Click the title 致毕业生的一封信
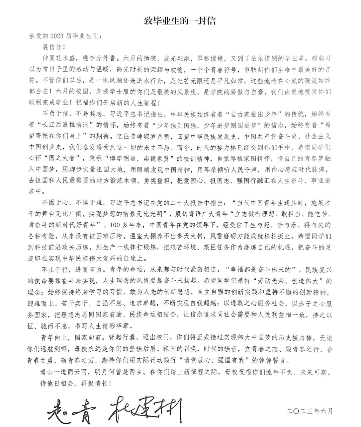(180, 21)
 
